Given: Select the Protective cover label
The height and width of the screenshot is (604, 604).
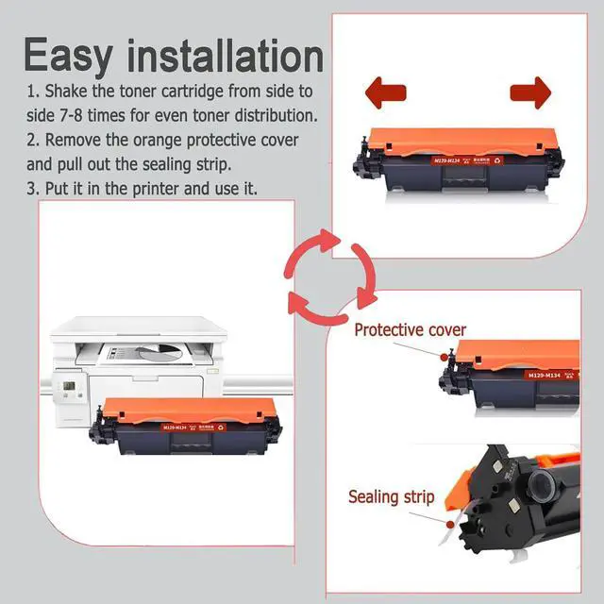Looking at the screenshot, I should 410,330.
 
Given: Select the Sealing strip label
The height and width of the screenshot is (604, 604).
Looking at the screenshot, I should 391,496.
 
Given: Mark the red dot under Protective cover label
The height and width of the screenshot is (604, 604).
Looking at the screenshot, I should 442,354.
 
